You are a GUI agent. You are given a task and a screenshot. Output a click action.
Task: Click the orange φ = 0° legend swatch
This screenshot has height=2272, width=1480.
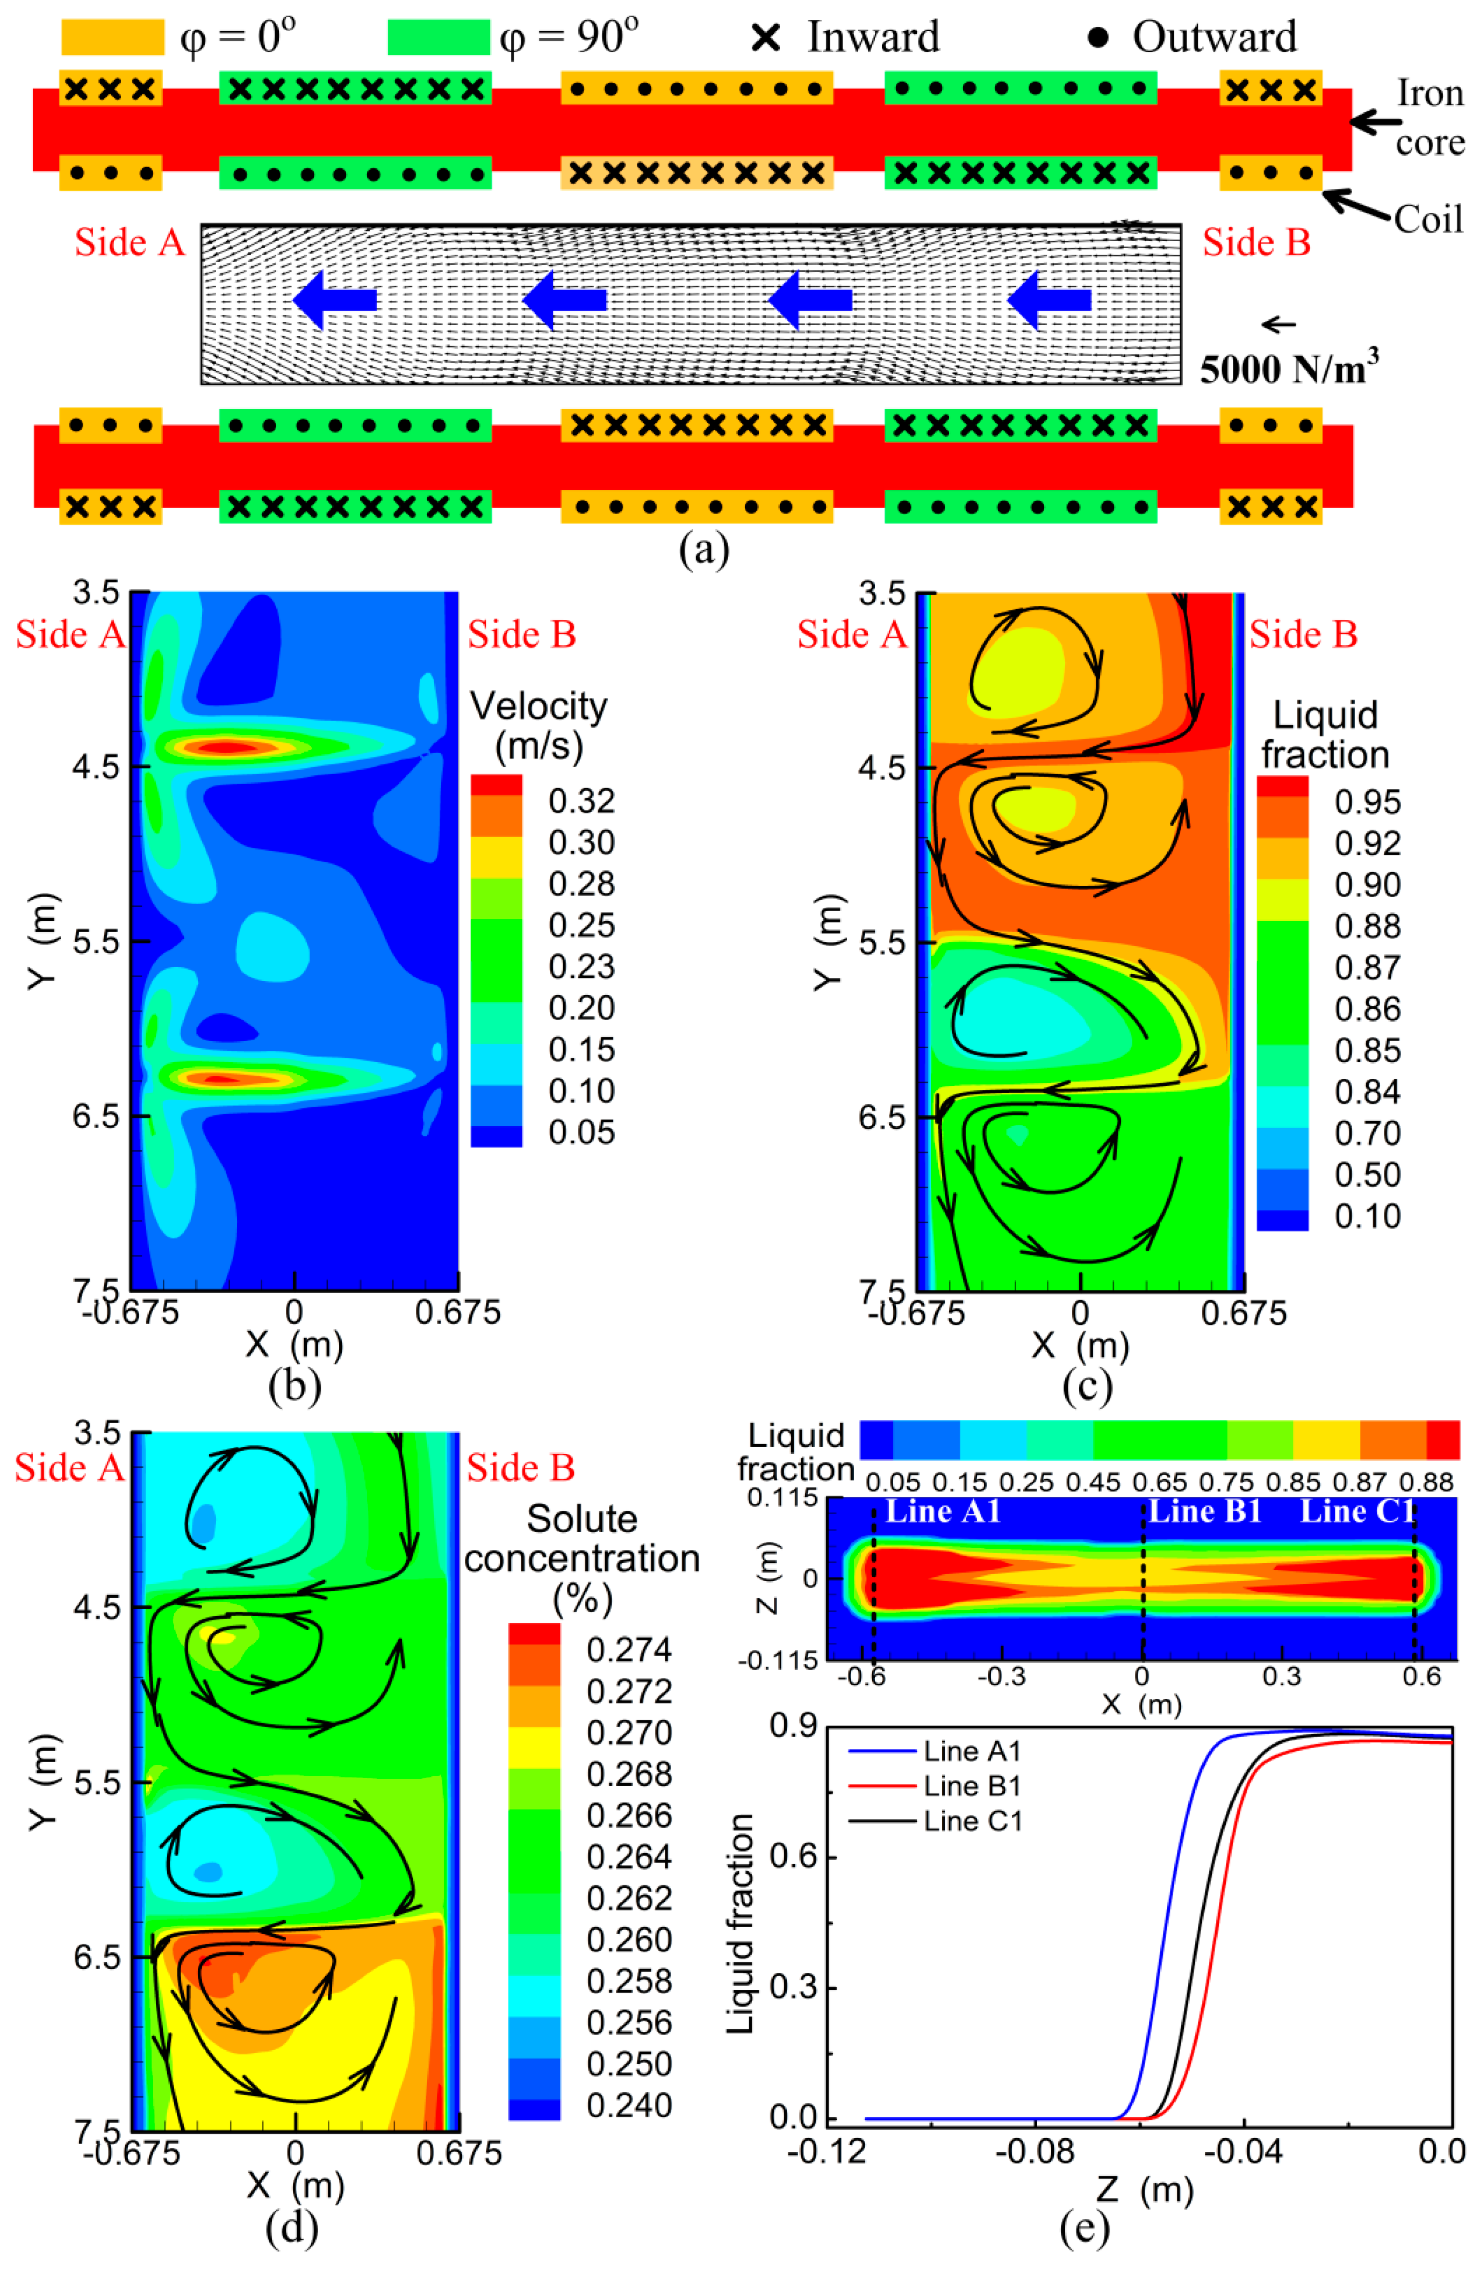coord(112,37)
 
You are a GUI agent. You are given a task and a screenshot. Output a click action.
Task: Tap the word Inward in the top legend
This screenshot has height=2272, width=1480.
coord(873,37)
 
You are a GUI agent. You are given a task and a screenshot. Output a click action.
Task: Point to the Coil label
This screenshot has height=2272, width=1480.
coord(1427,219)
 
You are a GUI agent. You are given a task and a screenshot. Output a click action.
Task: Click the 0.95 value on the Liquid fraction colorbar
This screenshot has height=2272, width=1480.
coord(1367,801)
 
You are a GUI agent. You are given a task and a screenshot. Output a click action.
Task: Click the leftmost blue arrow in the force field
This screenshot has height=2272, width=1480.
coord(334,300)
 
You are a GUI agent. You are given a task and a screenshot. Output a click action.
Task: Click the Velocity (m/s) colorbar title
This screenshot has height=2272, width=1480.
coord(538,725)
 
